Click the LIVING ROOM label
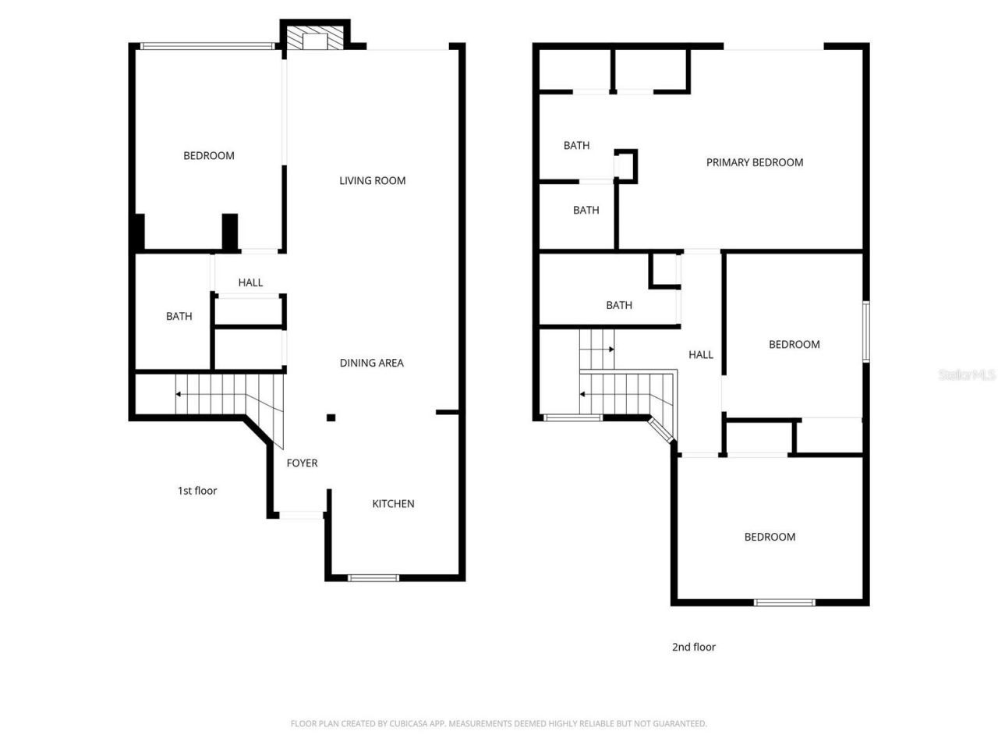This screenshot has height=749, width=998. click(x=372, y=180)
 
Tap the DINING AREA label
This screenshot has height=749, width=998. click(x=371, y=363)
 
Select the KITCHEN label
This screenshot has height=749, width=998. click(x=393, y=504)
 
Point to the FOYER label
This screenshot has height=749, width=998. click(x=302, y=463)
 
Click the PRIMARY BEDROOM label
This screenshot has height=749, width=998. click(x=754, y=162)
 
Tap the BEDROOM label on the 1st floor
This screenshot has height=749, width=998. click(x=208, y=156)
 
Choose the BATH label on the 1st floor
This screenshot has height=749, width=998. click(x=179, y=316)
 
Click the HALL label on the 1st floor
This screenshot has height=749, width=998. click(x=250, y=282)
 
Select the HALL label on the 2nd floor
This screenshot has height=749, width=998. click(x=700, y=355)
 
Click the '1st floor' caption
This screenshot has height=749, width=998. click(x=197, y=491)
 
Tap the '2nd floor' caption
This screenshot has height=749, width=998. click(x=693, y=647)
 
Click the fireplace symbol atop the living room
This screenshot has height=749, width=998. click(x=315, y=40)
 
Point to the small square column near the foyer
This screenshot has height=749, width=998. click(x=331, y=418)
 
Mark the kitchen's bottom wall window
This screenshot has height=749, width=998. click(x=373, y=578)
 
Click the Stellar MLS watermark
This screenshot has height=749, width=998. click(x=966, y=375)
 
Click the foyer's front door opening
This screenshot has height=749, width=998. click(x=302, y=515)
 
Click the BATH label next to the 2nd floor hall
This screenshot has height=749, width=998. click(x=619, y=305)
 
